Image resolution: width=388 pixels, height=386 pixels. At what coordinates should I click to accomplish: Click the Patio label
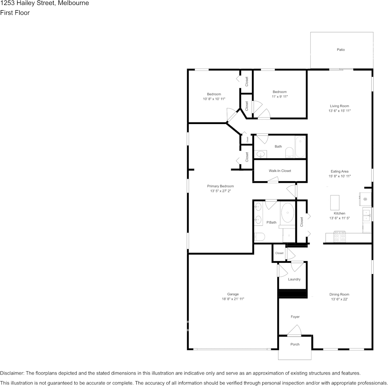(341, 50)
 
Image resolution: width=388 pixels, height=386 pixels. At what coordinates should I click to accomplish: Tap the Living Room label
(339, 106)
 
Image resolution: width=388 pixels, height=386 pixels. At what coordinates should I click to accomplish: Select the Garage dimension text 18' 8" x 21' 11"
(233, 299)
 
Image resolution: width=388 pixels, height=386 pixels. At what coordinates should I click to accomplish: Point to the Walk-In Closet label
(280, 171)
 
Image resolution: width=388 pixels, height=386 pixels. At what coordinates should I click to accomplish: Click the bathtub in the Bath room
(300, 147)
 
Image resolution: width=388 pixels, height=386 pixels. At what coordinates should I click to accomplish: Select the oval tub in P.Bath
(288, 213)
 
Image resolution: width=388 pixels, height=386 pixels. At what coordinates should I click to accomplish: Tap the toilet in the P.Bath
(259, 237)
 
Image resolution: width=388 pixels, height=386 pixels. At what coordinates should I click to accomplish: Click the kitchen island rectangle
(335, 202)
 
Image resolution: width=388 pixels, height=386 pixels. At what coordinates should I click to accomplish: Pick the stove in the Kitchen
(340, 237)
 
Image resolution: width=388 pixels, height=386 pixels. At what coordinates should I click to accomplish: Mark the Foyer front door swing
(294, 331)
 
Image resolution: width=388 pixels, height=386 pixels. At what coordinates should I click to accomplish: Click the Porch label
(295, 344)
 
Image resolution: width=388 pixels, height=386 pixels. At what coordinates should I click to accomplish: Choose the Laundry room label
(294, 280)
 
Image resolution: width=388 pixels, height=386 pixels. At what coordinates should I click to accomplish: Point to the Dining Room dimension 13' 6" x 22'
(339, 299)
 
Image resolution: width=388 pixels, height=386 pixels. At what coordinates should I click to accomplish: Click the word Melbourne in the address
(73, 3)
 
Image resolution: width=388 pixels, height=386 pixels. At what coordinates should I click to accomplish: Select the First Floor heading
(15, 13)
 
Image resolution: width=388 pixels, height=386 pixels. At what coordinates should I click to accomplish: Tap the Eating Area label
(339, 171)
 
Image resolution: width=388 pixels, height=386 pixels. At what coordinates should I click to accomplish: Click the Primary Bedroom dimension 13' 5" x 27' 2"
(221, 191)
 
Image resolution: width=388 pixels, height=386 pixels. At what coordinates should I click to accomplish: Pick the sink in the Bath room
(261, 155)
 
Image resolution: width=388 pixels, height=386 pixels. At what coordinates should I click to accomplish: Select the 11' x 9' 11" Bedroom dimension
(280, 97)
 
